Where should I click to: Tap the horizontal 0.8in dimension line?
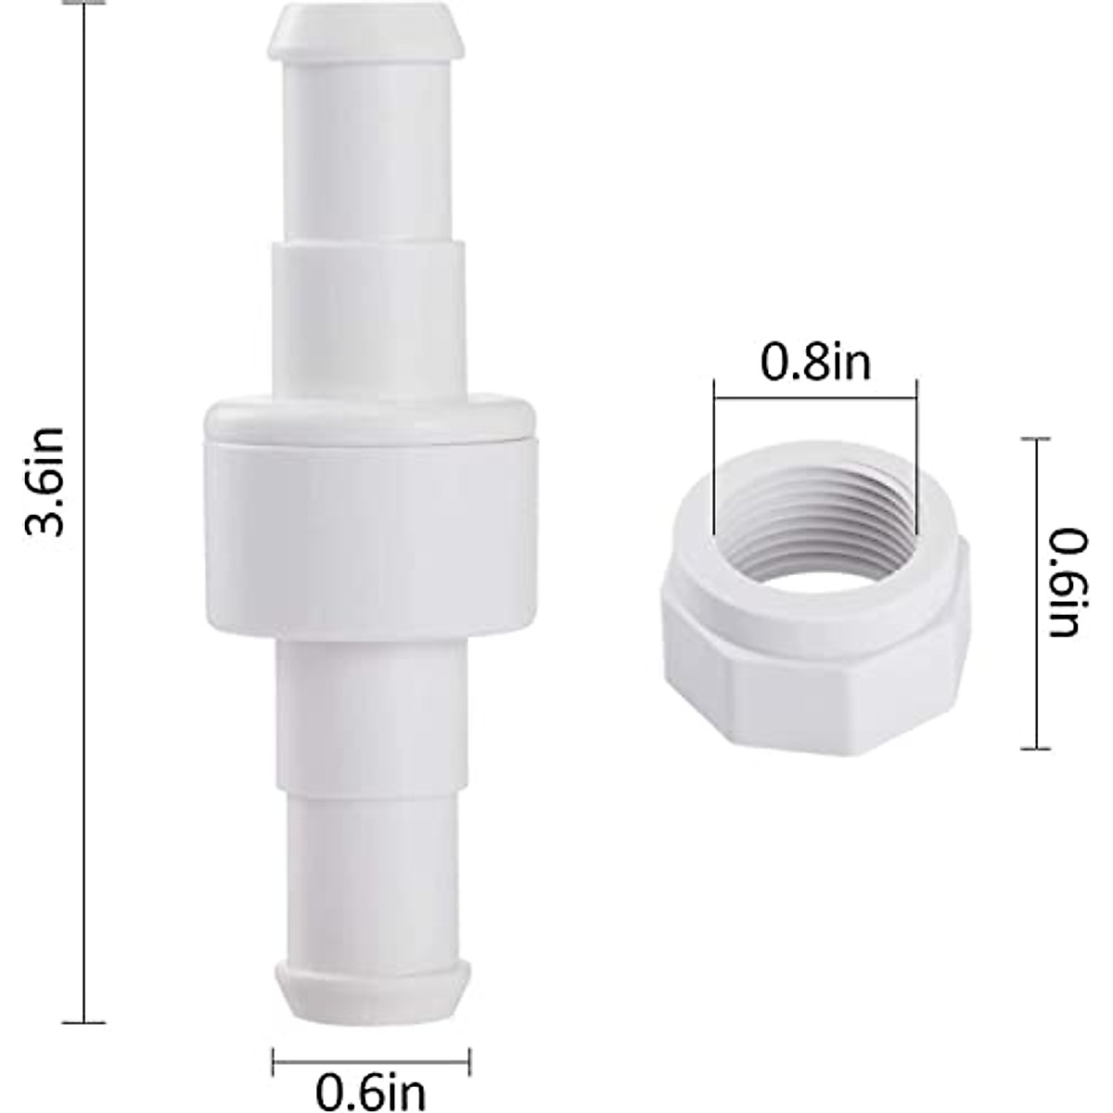(x=815, y=396)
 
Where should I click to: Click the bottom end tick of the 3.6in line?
(x=84, y=1022)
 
